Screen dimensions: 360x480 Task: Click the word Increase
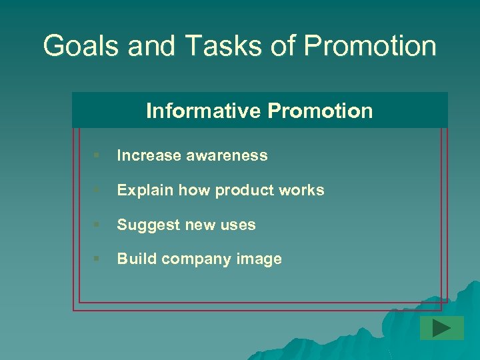coord(149,155)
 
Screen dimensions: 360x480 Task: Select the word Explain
coord(145,190)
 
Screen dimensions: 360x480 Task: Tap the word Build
coord(135,259)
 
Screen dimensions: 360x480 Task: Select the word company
coord(194,259)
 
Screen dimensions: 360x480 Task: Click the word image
coord(260,259)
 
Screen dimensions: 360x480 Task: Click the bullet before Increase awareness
coord(97,155)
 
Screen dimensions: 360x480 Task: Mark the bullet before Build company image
coord(97,259)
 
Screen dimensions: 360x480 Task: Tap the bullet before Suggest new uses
coord(97,225)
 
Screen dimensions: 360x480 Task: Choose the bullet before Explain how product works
coord(97,190)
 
